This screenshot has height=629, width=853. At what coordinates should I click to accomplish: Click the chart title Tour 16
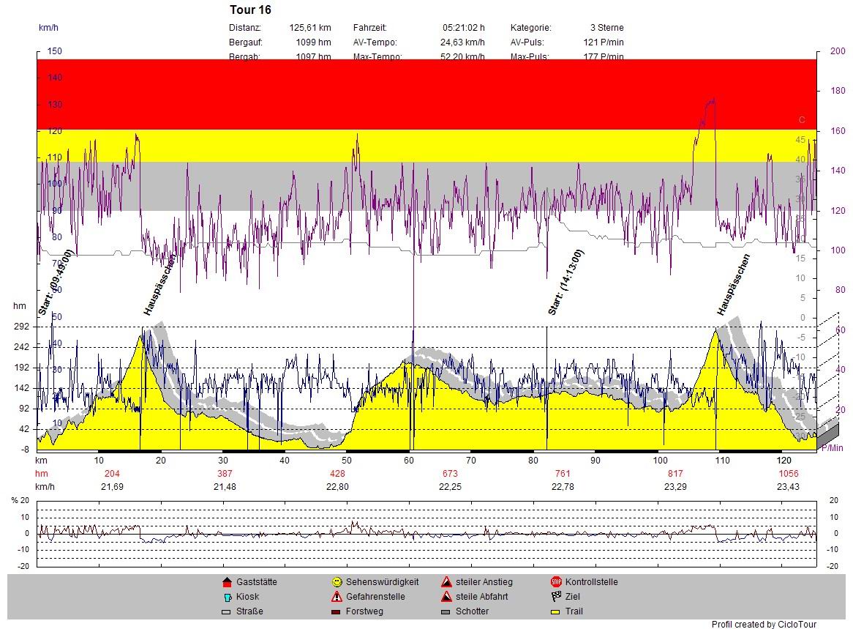click(250, 10)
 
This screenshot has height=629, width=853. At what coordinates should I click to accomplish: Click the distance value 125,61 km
click(309, 28)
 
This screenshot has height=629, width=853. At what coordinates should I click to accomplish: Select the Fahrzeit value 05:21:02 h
click(463, 28)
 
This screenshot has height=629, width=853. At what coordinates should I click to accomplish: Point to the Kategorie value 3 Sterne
click(606, 28)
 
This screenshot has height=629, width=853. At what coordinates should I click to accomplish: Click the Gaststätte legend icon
click(226, 582)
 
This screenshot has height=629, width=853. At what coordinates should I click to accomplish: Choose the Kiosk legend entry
click(226, 597)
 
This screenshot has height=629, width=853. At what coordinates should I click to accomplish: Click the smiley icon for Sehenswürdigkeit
click(337, 582)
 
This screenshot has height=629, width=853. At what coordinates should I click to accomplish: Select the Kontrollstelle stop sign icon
click(556, 582)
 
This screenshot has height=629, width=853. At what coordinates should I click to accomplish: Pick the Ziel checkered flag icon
click(556, 597)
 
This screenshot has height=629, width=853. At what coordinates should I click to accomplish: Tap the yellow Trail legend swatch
click(556, 611)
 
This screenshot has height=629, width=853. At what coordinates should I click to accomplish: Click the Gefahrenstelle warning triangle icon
click(337, 597)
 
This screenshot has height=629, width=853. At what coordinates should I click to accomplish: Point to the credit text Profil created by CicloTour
click(764, 625)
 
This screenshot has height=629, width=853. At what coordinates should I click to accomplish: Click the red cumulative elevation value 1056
click(788, 474)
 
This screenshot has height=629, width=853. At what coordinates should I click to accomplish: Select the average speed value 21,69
click(112, 487)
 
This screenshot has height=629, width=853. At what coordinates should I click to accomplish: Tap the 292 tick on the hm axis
click(20, 327)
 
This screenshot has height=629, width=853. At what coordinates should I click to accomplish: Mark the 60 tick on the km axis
click(409, 461)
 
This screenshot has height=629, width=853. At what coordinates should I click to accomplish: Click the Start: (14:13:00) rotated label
click(566, 282)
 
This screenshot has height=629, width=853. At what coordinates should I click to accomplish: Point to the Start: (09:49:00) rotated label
click(56, 282)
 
